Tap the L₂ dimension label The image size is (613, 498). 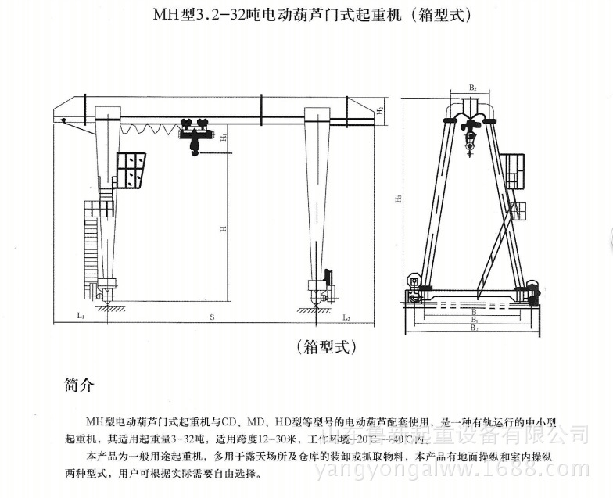pyautogui.click(x=346, y=317)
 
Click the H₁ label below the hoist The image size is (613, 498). pyautogui.click(x=224, y=138)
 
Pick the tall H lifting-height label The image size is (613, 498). pyautogui.click(x=224, y=229)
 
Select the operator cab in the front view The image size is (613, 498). pyautogui.click(x=131, y=170)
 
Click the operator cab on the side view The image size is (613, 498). pyautogui.click(x=513, y=165)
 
